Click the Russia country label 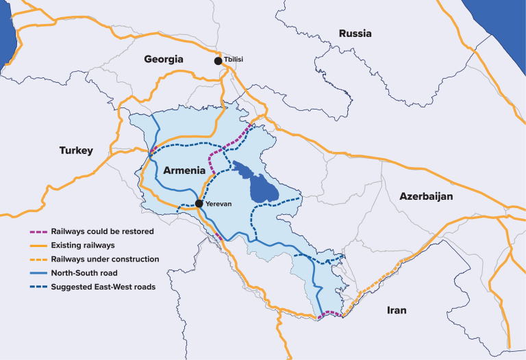click(x=355, y=33)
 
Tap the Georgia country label click(x=164, y=60)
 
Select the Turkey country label click(x=75, y=151)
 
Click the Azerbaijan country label click(x=427, y=196)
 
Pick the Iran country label click(x=397, y=310)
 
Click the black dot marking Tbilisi click(x=218, y=61)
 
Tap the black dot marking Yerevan click(x=198, y=203)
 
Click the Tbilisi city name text click(x=234, y=61)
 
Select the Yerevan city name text click(x=218, y=203)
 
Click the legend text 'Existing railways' click(x=82, y=245)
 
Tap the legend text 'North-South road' click(x=84, y=273)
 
